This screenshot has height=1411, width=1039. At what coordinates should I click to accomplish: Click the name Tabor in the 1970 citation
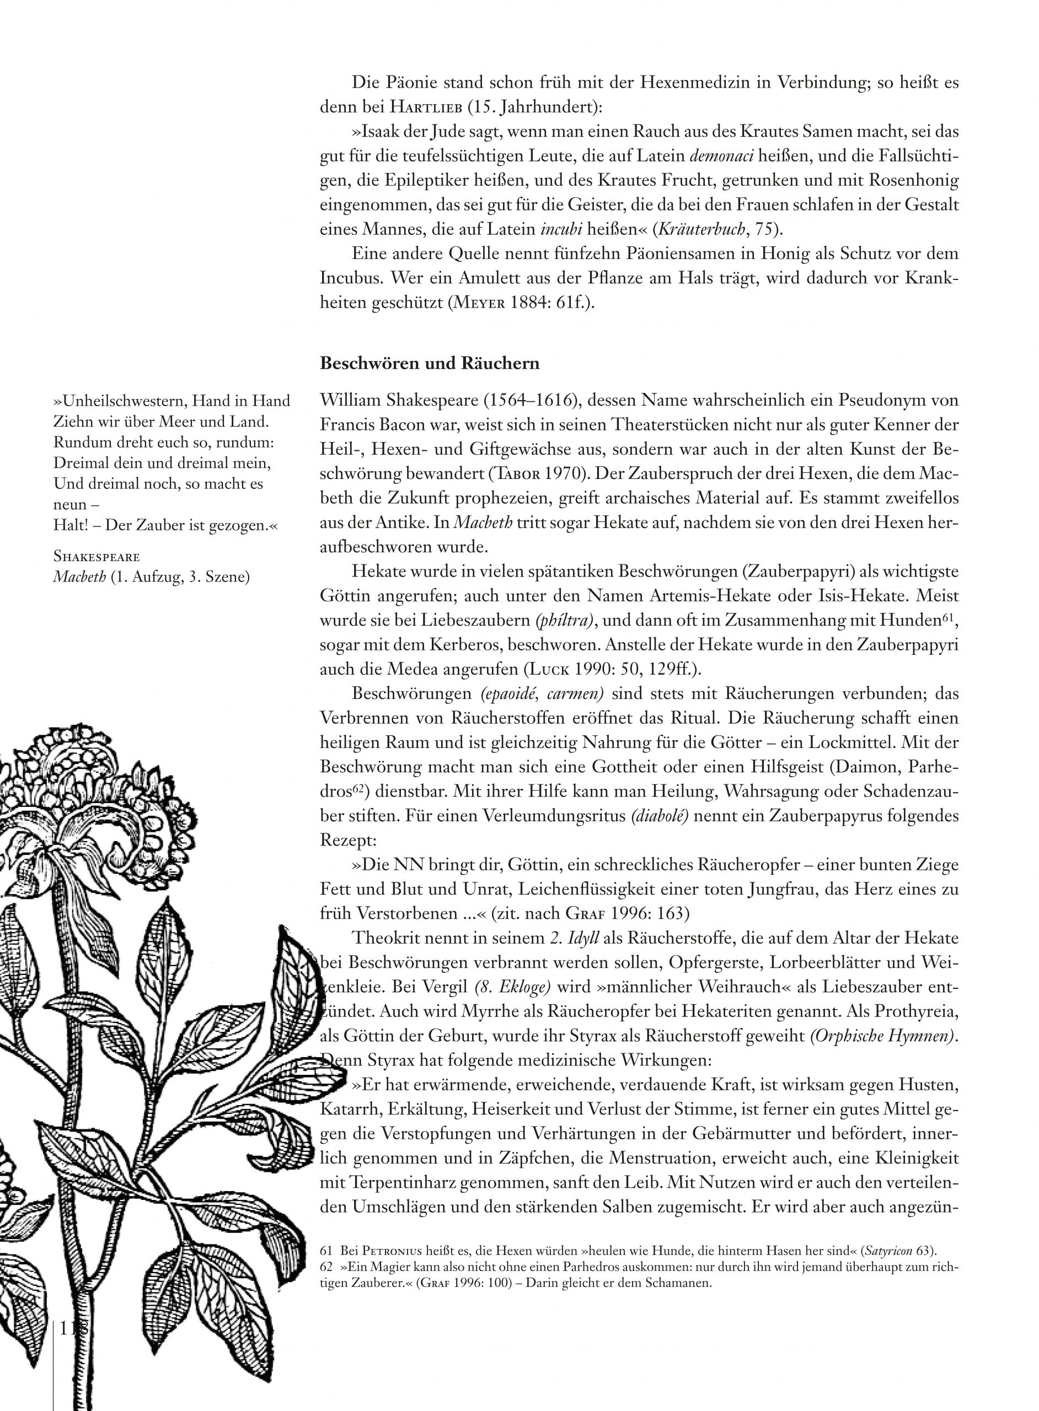pos(511,474)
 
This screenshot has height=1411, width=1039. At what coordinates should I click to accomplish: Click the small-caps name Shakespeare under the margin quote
pos(97,556)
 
